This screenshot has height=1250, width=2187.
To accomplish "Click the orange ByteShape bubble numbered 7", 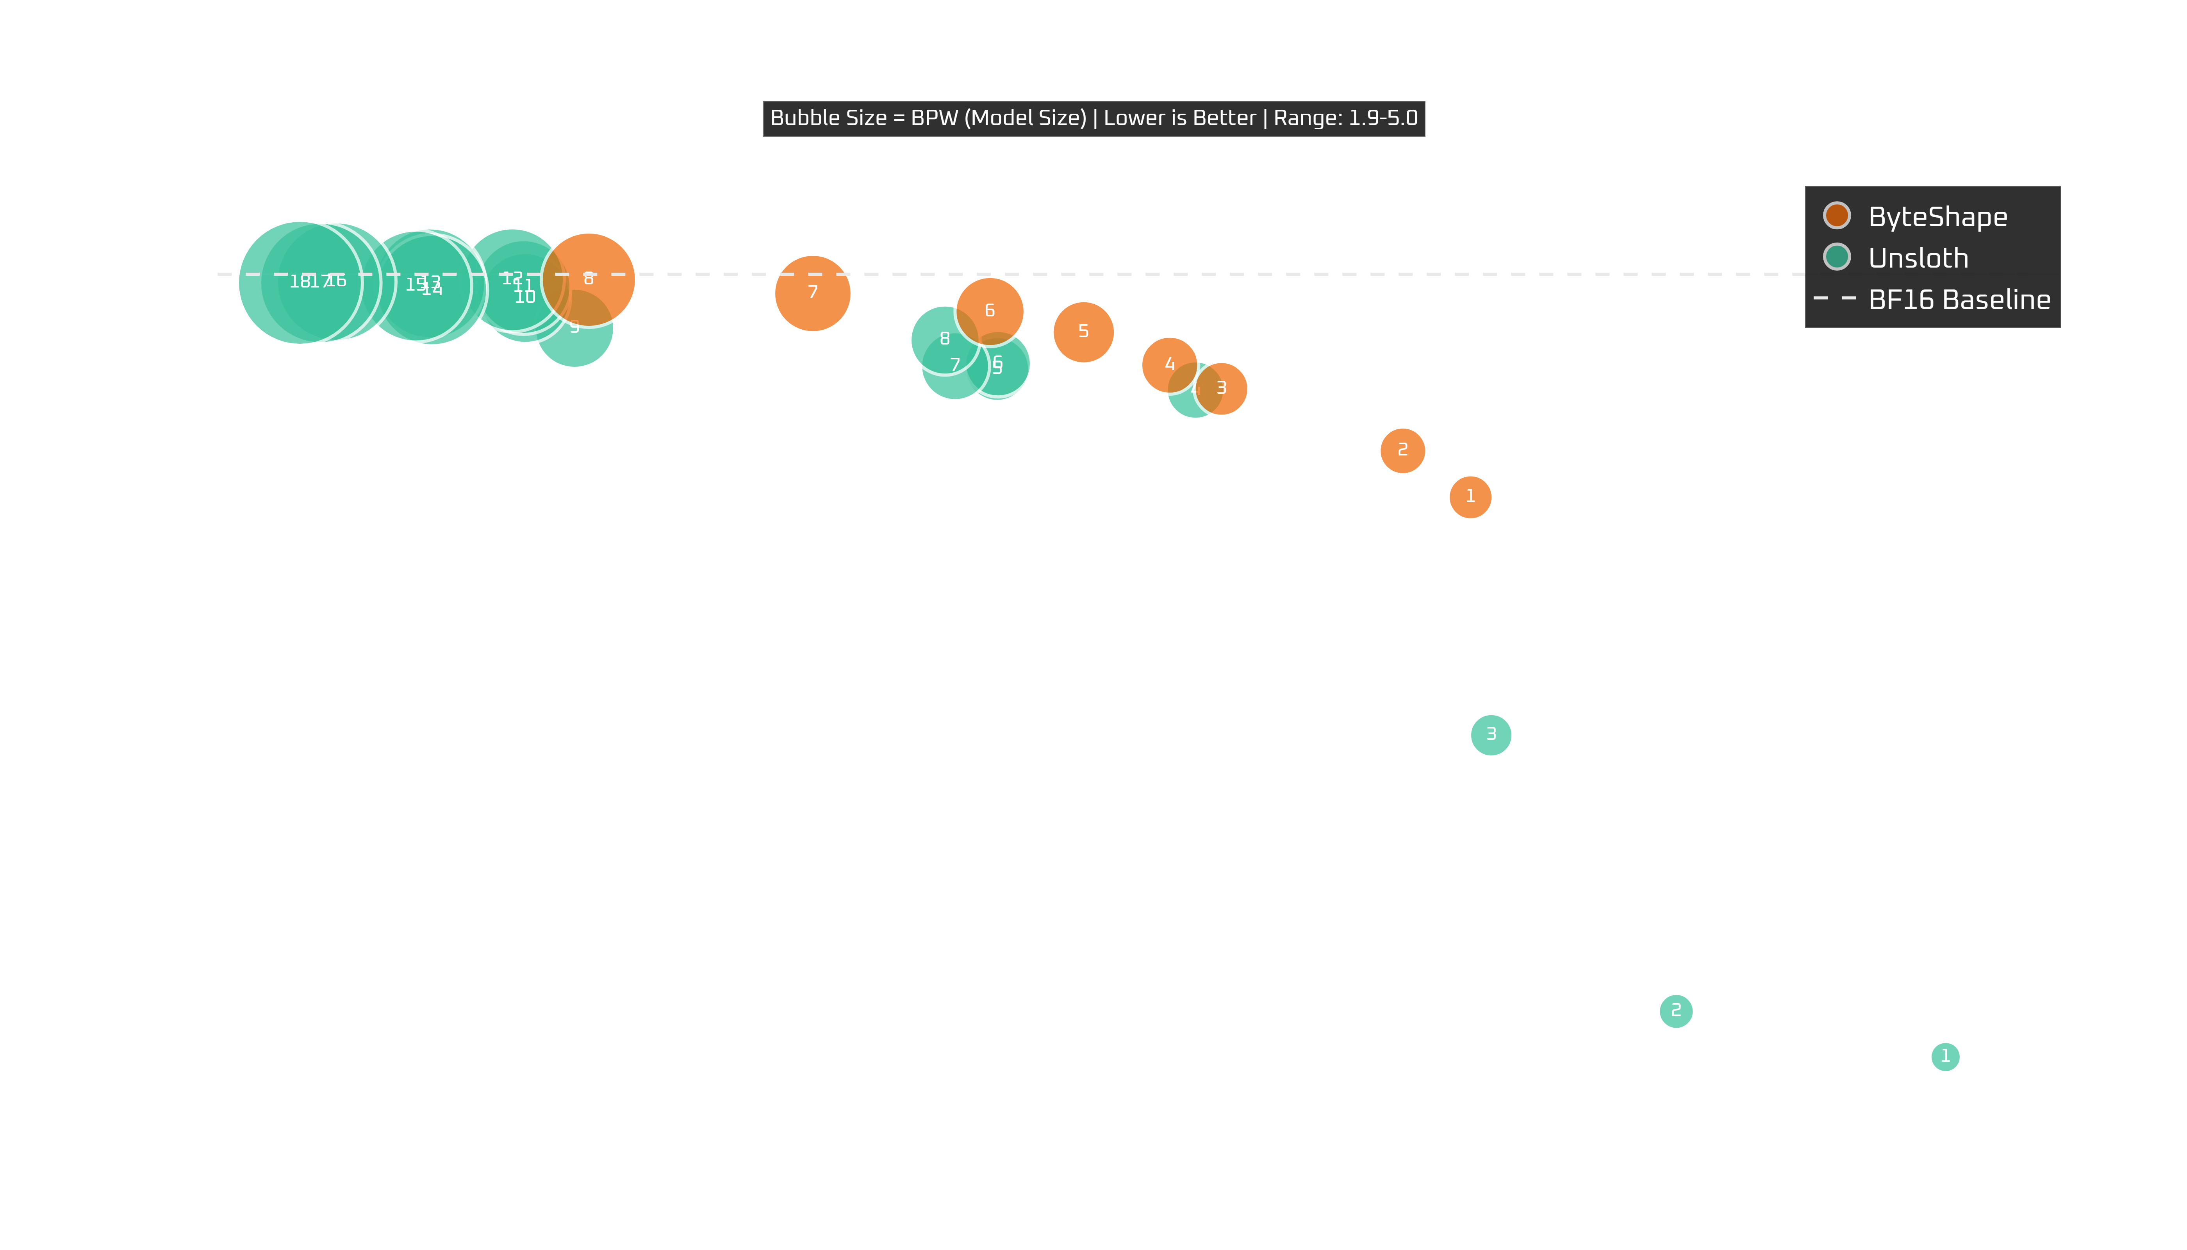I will coord(812,293).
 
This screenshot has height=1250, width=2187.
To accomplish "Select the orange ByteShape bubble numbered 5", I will coord(1083,331).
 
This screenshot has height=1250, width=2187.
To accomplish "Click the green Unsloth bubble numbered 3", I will coord(1491,735).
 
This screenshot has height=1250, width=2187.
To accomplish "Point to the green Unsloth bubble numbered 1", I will coord(1945,1056).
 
